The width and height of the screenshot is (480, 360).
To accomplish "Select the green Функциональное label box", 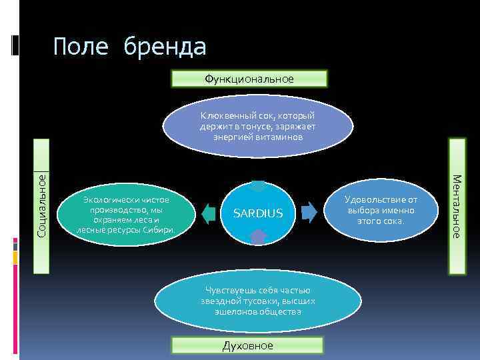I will pyautogui.click(x=249, y=79).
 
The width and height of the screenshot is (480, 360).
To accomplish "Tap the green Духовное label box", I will pyautogui.click(x=247, y=345).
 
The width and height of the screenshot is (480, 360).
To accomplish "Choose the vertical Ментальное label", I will pyautogui.click(x=457, y=206).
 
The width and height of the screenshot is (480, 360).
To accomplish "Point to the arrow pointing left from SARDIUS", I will pyautogui.click(x=209, y=213).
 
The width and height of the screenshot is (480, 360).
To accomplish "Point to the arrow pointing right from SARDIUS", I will pyautogui.click(x=307, y=212).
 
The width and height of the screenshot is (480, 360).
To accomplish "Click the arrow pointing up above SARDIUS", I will pyautogui.click(x=259, y=185).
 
